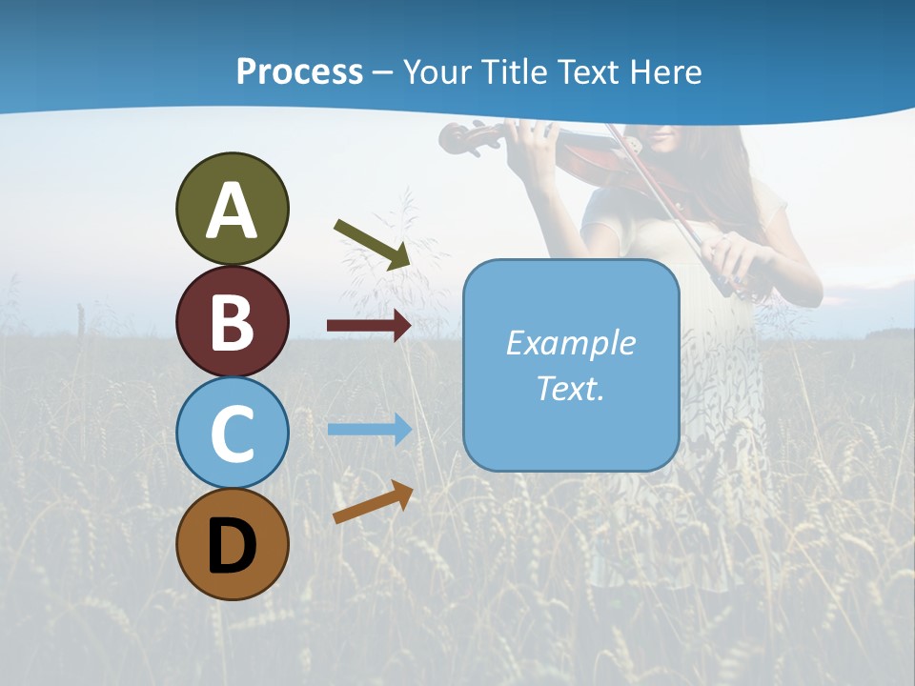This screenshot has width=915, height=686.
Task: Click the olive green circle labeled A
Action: pos(232,209)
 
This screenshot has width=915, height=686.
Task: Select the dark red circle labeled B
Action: pos(232,321)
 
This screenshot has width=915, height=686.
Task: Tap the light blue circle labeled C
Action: pos(232,433)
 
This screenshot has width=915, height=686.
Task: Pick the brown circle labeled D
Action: pos(232,544)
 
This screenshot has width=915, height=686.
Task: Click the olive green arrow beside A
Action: pos(373,244)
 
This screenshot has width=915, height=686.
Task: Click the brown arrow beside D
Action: pos(373,502)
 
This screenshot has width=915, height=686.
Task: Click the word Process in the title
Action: pos(299,71)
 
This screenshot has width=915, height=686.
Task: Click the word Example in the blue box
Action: pos(570,343)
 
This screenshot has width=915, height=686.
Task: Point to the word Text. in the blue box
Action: pos(570,388)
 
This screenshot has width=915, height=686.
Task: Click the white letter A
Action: pos(232,211)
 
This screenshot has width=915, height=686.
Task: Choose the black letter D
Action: pos(232,546)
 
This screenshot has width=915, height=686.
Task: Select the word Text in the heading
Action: pos(589,71)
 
